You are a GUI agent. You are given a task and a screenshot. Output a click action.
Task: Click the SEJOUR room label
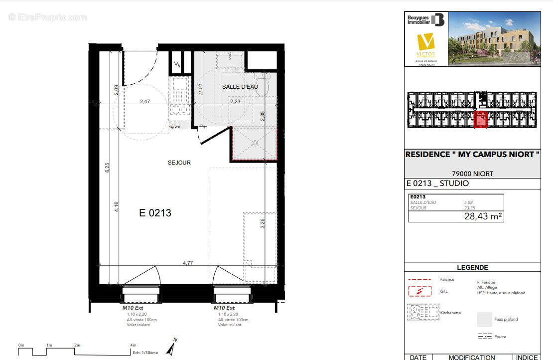pyautogui.click(x=179, y=163)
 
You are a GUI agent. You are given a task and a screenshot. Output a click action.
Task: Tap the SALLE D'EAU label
pyautogui.click(x=240, y=87)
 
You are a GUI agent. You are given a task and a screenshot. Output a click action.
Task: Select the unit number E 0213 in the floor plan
pyautogui.click(x=155, y=213)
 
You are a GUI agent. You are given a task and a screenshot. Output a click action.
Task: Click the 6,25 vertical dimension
pyautogui.click(x=106, y=168)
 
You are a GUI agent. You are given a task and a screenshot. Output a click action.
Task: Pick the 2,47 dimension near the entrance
pyautogui.click(x=145, y=102)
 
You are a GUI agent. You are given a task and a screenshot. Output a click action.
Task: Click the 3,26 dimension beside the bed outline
pyautogui.click(x=263, y=223)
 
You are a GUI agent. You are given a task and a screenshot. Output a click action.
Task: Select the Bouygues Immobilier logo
pyautogui.click(x=425, y=20)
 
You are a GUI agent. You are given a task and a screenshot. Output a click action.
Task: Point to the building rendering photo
pyautogui.click(x=494, y=39)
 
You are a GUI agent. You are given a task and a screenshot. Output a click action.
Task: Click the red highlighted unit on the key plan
pyautogui.click(x=480, y=120)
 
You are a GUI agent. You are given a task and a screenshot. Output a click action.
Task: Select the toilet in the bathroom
pyautogui.click(x=262, y=84)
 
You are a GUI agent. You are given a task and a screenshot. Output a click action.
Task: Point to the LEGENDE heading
pyautogui.click(x=472, y=268)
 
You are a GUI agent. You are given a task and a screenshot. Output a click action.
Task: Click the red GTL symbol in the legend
pyautogui.click(x=420, y=290)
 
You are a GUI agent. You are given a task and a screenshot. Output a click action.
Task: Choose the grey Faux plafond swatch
pyautogui.click(x=484, y=319)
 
